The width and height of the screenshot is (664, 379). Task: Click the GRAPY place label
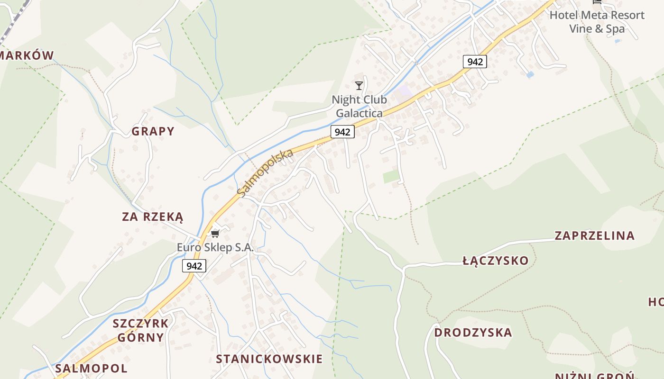pyautogui.click(x=153, y=131)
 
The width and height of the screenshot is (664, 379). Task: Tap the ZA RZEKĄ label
pyautogui.click(x=153, y=217)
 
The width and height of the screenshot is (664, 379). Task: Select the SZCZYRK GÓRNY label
pyautogui.click(x=140, y=330)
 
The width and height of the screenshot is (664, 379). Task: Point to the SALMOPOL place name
pyautogui.click(x=91, y=368)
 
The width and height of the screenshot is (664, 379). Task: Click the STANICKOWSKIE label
pyautogui.click(x=269, y=359)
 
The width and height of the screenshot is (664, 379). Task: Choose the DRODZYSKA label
pyautogui.click(x=473, y=332)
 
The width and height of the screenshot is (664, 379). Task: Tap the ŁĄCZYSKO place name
pyautogui.click(x=495, y=261)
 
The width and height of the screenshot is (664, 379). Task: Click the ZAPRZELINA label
pyautogui.click(x=594, y=235)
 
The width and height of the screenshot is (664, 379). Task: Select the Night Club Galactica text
pyautogui.click(x=359, y=107)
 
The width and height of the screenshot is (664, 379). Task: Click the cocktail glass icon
pyautogui.click(x=359, y=86)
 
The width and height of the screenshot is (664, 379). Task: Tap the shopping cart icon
pyautogui.click(x=215, y=234)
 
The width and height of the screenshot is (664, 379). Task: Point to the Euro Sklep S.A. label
pyautogui.click(x=215, y=247)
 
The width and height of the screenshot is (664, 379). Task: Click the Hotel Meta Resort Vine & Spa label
pyautogui.click(x=597, y=22)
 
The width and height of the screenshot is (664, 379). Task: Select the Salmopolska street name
pyautogui.click(x=265, y=173)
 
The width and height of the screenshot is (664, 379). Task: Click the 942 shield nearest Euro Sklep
pyautogui.click(x=194, y=266)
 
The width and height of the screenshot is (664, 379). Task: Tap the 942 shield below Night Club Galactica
pyautogui.click(x=342, y=132)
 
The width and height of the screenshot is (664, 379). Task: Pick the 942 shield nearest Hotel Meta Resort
pyautogui.click(x=475, y=61)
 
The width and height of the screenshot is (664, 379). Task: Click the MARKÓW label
pyautogui.click(x=26, y=55)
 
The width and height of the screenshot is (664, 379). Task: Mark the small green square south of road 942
pyautogui.click(x=391, y=177)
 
